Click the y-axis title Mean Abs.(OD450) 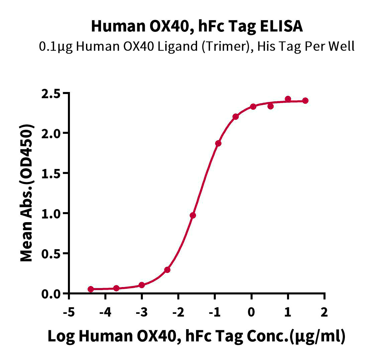point(27,193)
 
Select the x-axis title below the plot point(196,336)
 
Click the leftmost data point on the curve point(91,289)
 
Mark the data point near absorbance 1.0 point(193,215)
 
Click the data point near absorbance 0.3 point(167,270)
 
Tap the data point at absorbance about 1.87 point(218,144)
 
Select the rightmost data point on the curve point(305,100)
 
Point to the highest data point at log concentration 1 point(288,99)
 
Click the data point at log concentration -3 point(142,285)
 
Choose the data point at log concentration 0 point(253,106)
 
